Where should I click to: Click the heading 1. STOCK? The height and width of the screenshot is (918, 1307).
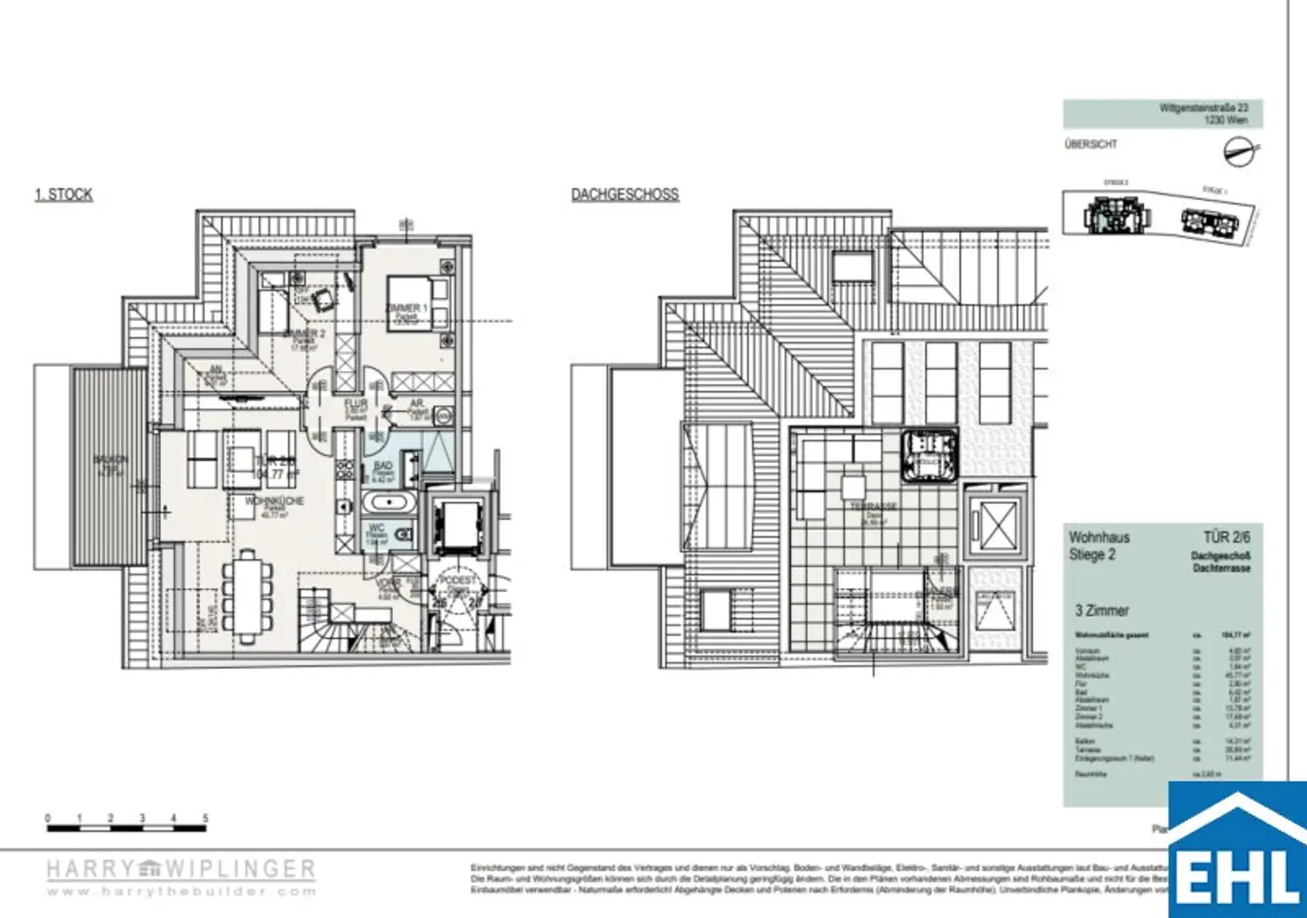click(x=64, y=195)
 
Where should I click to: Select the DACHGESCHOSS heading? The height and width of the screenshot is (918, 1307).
click(x=625, y=195)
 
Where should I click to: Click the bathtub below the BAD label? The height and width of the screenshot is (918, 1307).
click(x=388, y=503)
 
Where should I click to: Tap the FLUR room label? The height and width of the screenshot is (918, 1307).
click(x=356, y=403)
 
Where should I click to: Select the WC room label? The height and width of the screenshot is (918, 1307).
click(x=376, y=528)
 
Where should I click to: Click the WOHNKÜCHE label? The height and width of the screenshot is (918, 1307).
click(x=274, y=502)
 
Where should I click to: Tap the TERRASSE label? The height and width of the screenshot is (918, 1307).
click(x=874, y=506)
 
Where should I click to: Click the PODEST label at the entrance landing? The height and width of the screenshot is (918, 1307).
click(x=458, y=580)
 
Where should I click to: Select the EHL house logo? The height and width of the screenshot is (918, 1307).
click(x=1237, y=851)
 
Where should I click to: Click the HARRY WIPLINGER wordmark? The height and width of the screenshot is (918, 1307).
click(x=180, y=870)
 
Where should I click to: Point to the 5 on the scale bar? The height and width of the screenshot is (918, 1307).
click(x=205, y=818)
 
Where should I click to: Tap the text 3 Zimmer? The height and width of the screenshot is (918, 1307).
click(x=1102, y=611)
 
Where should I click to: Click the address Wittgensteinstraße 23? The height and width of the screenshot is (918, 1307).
click(x=1203, y=108)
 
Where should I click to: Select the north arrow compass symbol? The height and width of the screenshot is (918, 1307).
click(x=1239, y=152)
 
